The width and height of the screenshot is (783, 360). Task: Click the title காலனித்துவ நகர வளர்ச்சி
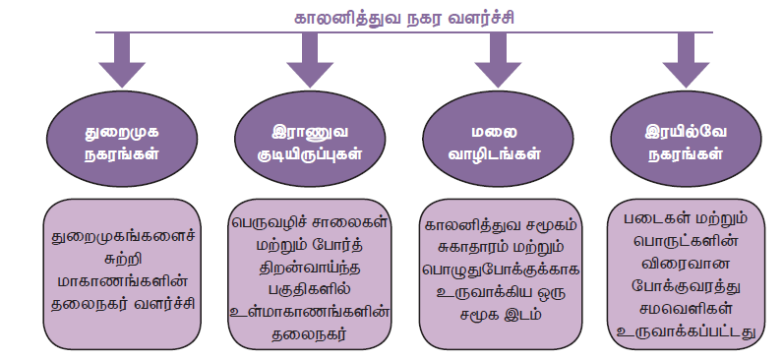pos(404,19)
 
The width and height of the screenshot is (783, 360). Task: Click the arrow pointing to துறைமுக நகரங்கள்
pos(122,60)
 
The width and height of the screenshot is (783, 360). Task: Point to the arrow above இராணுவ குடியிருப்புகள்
pos(310,60)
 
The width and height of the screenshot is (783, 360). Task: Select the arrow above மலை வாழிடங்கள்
pos(498,60)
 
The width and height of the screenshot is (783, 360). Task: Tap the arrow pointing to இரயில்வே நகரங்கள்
pos(687,60)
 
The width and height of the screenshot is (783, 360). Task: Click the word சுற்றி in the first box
pos(122,260)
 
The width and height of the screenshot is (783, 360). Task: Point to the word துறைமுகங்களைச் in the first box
pos(122,238)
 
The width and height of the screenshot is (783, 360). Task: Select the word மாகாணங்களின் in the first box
pos(122,281)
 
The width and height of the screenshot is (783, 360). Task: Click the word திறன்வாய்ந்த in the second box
pos(310,269)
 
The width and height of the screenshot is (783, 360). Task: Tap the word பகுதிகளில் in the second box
pos(310,290)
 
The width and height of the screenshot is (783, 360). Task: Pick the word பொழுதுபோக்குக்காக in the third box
pos(500,270)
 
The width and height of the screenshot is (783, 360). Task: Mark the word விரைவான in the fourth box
pos(687,264)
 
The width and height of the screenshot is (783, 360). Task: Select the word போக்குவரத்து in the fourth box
pos(687,285)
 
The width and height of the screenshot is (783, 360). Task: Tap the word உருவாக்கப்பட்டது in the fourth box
pos(687,330)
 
